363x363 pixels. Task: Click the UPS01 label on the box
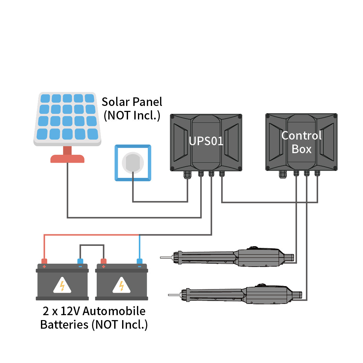[206, 141]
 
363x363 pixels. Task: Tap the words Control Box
[301, 142]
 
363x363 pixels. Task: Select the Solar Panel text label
[132, 102]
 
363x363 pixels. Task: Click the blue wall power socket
[133, 163]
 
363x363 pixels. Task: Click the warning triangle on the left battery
[62, 286]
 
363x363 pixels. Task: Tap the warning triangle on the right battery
[121, 286]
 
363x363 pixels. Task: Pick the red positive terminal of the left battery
[44, 261]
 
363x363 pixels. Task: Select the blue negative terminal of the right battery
[140, 262]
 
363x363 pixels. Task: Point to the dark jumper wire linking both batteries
[92, 245]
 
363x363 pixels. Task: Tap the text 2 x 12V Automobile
[94, 311]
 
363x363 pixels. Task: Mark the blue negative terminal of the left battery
[80, 262]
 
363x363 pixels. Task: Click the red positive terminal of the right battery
[104, 262]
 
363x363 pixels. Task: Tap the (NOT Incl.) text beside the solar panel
[132, 115]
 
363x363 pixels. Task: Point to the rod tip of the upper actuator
[162, 257]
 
